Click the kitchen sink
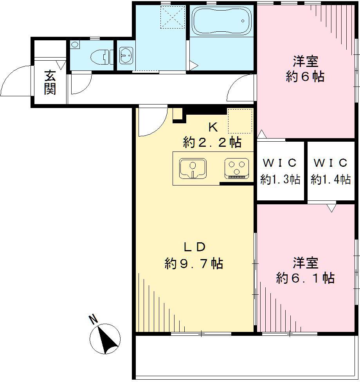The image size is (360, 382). pos(193,169)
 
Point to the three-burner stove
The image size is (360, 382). pos(236,169)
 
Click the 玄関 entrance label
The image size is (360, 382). pos(50,82)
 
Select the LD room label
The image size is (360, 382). pos(194,247)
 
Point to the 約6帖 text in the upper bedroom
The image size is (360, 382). pos(305,77)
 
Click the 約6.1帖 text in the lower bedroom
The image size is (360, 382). pos(305,278)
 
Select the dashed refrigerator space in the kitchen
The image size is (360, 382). pos(239,121)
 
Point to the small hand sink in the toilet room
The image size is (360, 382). pos(74,45)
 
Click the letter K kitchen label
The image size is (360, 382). pos(212,126)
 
